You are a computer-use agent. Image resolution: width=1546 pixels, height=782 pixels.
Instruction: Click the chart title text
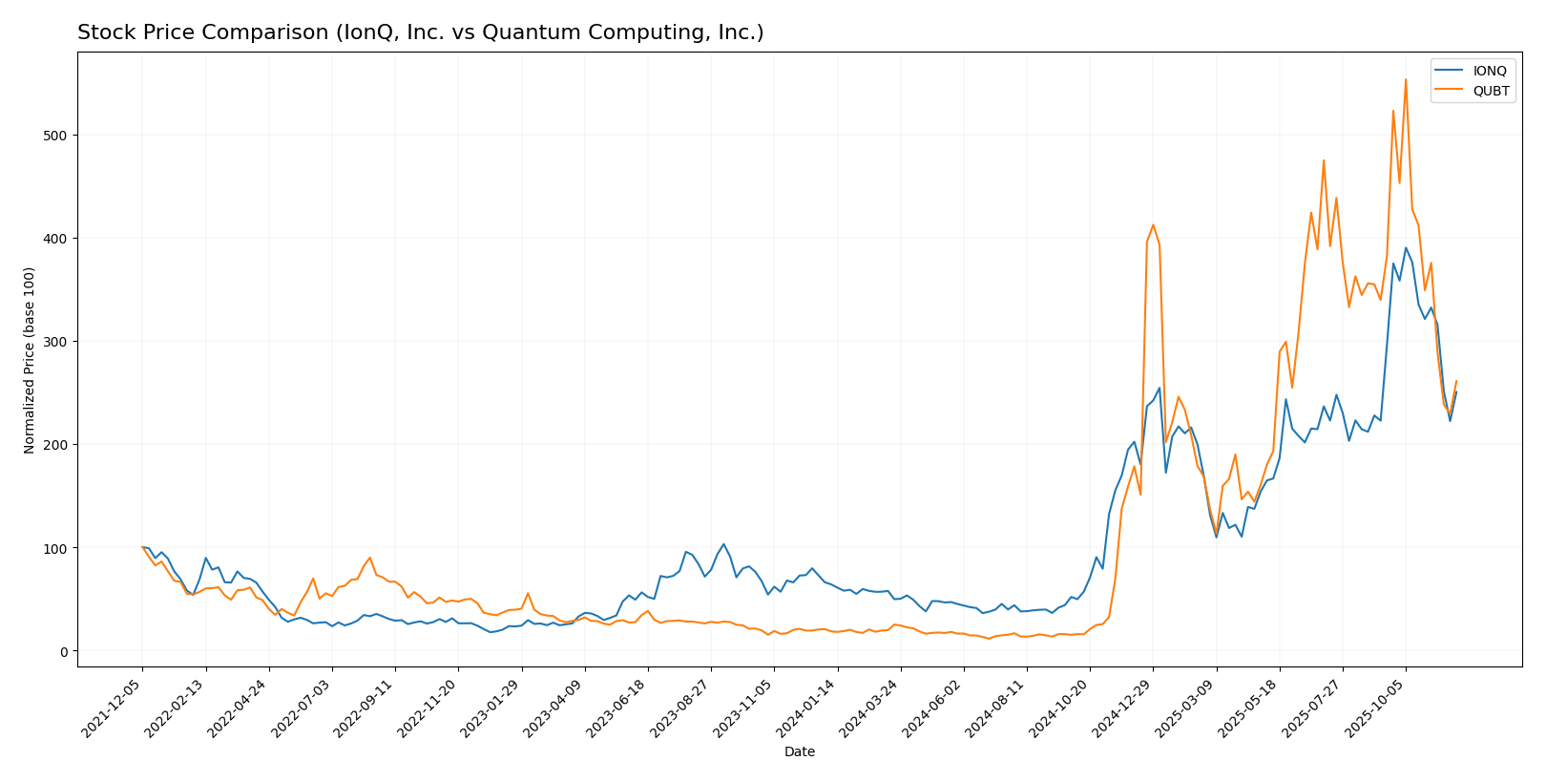tap(420, 32)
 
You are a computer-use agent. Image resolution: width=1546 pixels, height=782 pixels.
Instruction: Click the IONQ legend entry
tap(1489, 72)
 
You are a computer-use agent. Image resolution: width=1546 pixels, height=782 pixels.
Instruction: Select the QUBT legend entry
tap(1490, 92)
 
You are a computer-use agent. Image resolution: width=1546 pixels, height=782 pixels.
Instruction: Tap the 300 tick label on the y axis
tap(54, 342)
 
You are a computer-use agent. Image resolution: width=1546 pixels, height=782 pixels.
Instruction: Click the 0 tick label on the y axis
tap(63, 651)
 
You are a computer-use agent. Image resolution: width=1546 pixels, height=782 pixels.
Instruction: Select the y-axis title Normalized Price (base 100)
tap(30, 360)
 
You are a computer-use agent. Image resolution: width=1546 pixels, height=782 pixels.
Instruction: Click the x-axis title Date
tap(799, 752)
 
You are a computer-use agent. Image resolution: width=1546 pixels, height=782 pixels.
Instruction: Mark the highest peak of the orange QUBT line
tap(1405, 80)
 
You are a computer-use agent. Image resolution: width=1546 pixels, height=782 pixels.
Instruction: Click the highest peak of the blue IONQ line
tap(1405, 247)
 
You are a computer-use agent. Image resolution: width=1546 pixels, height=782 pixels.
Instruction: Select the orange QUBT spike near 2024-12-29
tap(1153, 225)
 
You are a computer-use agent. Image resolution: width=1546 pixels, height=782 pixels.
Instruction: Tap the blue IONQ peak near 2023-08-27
tap(723, 544)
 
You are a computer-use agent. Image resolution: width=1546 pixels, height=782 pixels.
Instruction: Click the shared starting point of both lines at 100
tap(142, 547)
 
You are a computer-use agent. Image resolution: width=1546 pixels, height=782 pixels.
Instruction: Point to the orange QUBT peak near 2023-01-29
tap(528, 593)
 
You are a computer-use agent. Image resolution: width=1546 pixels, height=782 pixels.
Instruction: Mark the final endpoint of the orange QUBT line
tap(1455, 381)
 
